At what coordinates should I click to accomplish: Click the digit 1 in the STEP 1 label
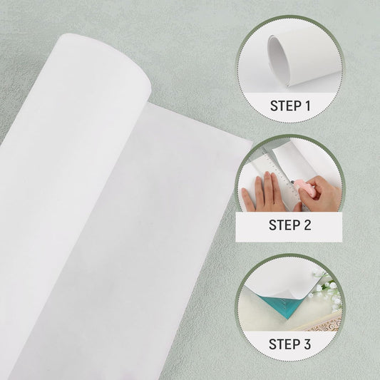[307, 106]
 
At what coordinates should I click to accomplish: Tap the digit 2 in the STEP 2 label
[307, 225]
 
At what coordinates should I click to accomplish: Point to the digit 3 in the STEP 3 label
[307, 344]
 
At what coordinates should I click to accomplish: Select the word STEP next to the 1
[285, 106]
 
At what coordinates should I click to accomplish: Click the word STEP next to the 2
[284, 225]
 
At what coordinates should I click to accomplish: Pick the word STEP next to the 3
[284, 344]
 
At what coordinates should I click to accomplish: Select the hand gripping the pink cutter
[317, 194]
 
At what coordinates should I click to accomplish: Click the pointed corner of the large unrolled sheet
[252, 143]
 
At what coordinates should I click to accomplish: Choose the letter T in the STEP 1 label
[282, 106]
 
